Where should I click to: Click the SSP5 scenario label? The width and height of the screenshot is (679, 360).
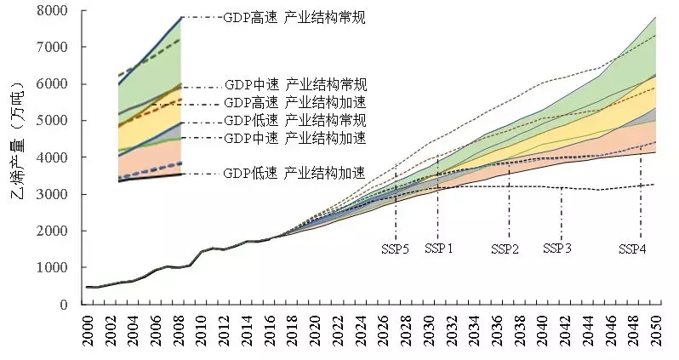[395, 249]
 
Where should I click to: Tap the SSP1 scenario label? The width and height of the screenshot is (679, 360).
[439, 249]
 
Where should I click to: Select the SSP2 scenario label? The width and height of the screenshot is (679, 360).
[505, 249]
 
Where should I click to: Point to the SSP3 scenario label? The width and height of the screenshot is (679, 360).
[557, 249]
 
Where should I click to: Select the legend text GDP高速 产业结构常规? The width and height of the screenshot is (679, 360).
[294, 17]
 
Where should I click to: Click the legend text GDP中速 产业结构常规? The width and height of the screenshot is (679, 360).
[295, 85]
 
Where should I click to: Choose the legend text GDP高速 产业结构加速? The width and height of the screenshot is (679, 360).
[295, 103]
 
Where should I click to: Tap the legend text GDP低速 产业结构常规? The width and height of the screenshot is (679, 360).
[295, 120]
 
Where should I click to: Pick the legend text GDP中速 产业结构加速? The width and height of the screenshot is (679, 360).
[295, 138]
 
